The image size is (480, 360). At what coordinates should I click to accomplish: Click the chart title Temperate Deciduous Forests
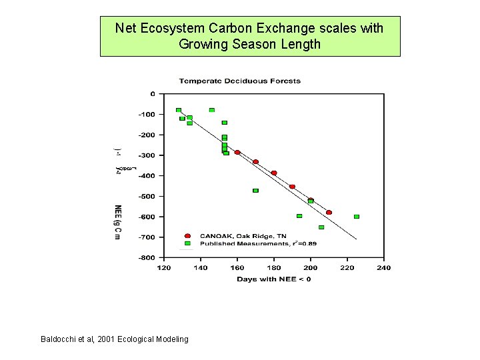[239, 81]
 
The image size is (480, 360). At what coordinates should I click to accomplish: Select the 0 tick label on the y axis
[152, 94]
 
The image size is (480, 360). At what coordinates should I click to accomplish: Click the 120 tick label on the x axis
[163, 268]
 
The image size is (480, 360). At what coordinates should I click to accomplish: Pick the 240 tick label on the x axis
[383, 268]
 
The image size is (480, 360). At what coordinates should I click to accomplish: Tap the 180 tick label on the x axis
[273, 268]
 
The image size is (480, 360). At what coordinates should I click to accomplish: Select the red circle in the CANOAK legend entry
[187, 236]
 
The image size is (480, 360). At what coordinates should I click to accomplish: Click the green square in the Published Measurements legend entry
[187, 243]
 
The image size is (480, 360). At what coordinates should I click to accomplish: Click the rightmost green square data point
[357, 217]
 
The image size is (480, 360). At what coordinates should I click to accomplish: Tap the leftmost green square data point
[179, 110]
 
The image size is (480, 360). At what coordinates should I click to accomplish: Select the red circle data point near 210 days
[329, 213]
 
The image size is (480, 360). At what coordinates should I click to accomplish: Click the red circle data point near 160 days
[237, 153]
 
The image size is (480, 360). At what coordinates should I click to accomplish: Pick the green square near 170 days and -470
[255, 191]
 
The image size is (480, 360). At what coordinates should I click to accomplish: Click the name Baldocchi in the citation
[59, 339]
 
